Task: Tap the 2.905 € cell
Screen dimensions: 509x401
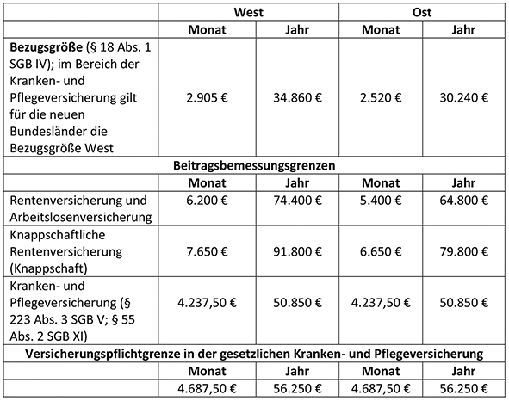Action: (x=207, y=97)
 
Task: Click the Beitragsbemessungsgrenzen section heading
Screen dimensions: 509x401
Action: (x=255, y=163)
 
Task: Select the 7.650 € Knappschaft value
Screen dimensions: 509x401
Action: (x=207, y=253)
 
